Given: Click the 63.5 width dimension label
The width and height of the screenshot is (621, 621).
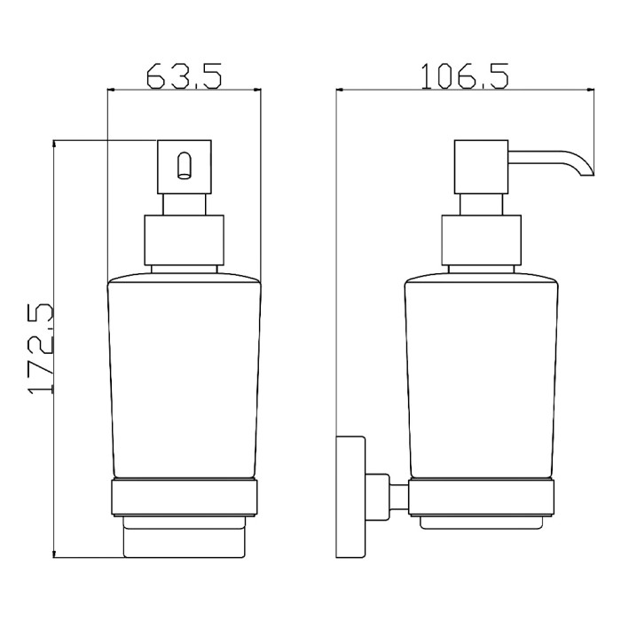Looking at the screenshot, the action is (184, 75).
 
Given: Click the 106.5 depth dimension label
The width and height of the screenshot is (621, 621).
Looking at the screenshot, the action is (464, 76).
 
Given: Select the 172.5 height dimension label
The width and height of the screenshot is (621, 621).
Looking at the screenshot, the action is (41, 349).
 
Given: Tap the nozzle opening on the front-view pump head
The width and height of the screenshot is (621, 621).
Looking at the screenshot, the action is (184, 166).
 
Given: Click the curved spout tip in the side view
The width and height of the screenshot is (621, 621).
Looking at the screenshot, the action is (586, 171).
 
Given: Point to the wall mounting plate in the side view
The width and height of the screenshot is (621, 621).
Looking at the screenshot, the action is (350, 497).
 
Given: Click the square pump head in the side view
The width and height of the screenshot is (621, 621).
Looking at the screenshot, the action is (481, 167).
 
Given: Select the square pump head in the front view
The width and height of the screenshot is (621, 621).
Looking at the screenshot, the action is (185, 167).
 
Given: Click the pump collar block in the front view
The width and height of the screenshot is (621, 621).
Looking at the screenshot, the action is (185, 240).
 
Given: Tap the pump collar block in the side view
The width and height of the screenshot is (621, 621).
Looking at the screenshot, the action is (481, 240).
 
